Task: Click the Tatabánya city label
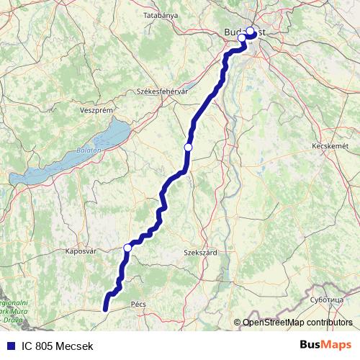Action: (160, 14)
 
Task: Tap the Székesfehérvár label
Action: (162, 91)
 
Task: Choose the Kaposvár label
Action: (81, 252)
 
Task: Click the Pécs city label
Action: (139, 305)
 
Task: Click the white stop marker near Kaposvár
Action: (127, 248)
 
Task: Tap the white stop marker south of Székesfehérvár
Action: (189, 147)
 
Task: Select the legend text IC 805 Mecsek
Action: (57, 346)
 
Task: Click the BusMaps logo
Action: (326, 345)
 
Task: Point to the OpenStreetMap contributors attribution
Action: (297, 323)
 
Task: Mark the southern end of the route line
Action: (106, 310)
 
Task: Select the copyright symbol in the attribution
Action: (237, 323)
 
